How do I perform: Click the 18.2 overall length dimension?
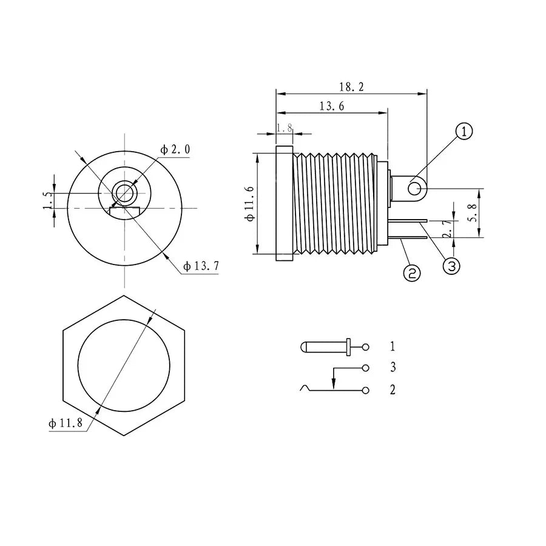tap(352, 87)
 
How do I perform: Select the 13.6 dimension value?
tap(332, 106)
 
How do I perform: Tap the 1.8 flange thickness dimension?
tap(285, 128)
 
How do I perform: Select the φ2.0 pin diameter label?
tap(175, 149)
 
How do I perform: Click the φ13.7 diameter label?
tap(201, 266)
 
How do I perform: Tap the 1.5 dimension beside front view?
tap(47, 200)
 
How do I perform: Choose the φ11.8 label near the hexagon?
tap(66, 423)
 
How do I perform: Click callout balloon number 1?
tap(464, 132)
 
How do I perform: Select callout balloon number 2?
tap(411, 274)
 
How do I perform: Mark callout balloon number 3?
tap(452, 265)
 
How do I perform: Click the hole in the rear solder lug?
tap(415, 189)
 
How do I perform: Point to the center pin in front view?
tap(124, 194)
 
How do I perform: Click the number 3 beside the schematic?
tap(393, 367)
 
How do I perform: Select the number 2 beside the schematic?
tap(393, 389)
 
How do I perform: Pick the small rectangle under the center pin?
tap(124, 211)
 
